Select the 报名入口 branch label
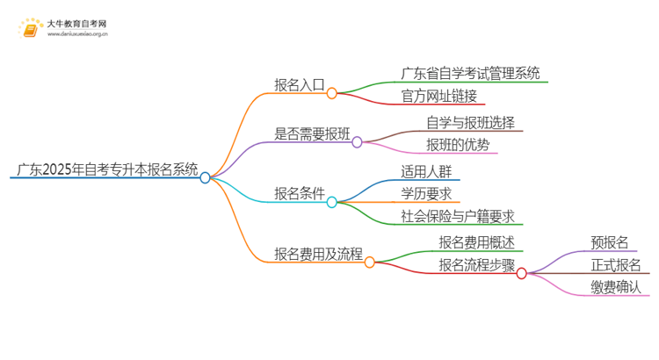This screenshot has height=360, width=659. [299, 85]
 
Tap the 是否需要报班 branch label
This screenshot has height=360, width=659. [312, 134]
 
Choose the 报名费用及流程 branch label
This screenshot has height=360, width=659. [317, 255]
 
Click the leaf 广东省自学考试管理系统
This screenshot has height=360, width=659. [470, 73]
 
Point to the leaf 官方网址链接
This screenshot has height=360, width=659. [439, 95]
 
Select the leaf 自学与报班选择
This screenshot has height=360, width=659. [470, 121]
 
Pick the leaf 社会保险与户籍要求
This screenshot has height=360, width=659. [457, 216]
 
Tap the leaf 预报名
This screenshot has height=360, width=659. [610, 241]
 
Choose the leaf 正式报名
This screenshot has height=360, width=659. [616, 264]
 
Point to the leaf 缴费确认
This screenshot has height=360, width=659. [616, 286]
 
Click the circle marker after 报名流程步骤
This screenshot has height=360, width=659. [521, 273]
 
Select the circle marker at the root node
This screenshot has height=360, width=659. [205, 177]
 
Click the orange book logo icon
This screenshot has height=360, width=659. [29, 31]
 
